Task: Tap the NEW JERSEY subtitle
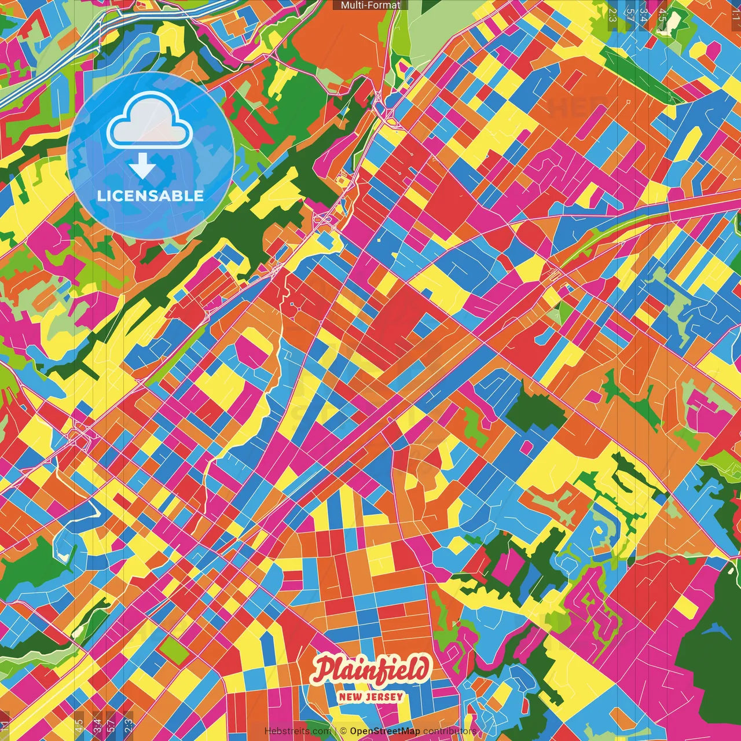(x=371, y=696)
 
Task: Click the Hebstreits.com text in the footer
(x=298, y=731)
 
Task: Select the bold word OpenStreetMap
(x=385, y=731)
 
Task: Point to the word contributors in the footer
(x=449, y=731)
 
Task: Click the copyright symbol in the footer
(x=343, y=731)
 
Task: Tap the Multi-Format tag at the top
(x=370, y=5)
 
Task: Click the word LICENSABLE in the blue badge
(x=151, y=196)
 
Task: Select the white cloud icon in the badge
(x=149, y=120)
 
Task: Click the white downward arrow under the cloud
(x=142, y=167)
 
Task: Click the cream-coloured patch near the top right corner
(x=675, y=22)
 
